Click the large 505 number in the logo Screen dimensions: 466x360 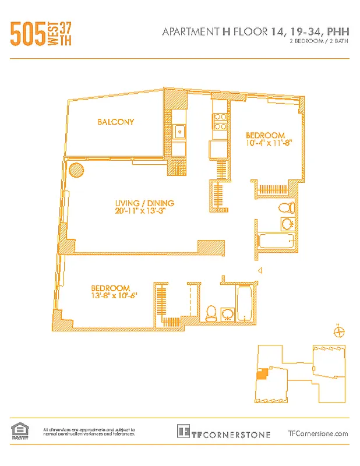[x=28, y=33]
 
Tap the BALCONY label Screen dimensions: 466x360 [x=116, y=122]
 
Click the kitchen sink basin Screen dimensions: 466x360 [x=180, y=131]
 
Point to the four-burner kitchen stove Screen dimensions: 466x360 [x=220, y=120]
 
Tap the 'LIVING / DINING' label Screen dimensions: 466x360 [x=145, y=203]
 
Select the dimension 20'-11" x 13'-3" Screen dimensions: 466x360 [x=145, y=211]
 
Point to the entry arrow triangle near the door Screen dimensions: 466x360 [x=260, y=270]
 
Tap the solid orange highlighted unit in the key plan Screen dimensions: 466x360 [x=262, y=374]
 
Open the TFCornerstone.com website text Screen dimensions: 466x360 [x=318, y=433]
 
